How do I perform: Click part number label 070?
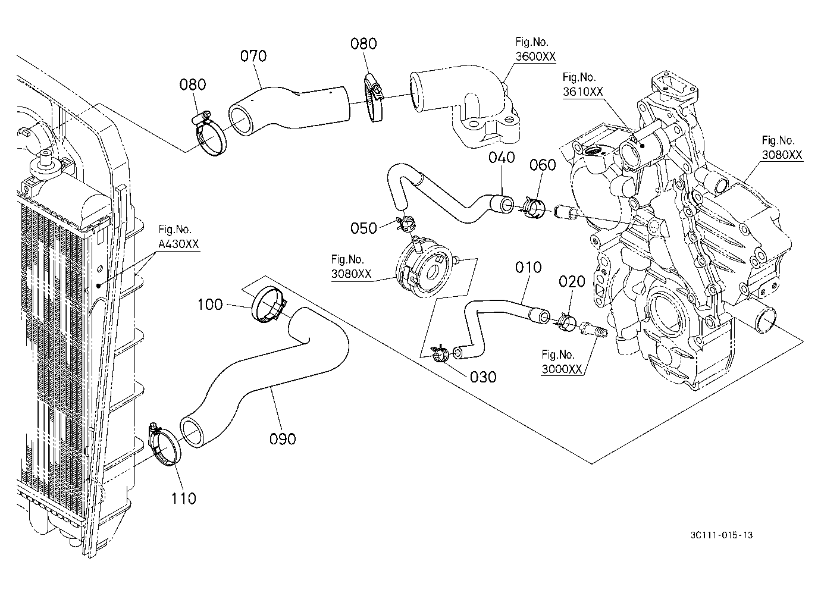click(x=253, y=56)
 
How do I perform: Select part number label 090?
click(x=283, y=439)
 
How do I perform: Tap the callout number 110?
click(x=184, y=498)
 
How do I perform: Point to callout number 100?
click(x=210, y=304)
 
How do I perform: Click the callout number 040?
click(x=502, y=158)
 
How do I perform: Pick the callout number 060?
click(x=543, y=165)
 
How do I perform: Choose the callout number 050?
click(x=364, y=228)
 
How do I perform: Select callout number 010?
click(x=528, y=268)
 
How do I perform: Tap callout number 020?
click(x=572, y=281)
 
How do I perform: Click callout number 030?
click(x=483, y=377)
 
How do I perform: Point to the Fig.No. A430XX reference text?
click(x=178, y=237)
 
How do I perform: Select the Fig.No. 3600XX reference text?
click(x=535, y=49)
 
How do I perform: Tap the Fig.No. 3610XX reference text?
click(x=583, y=84)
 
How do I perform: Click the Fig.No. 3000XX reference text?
click(x=562, y=362)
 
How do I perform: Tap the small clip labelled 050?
click(x=405, y=224)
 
